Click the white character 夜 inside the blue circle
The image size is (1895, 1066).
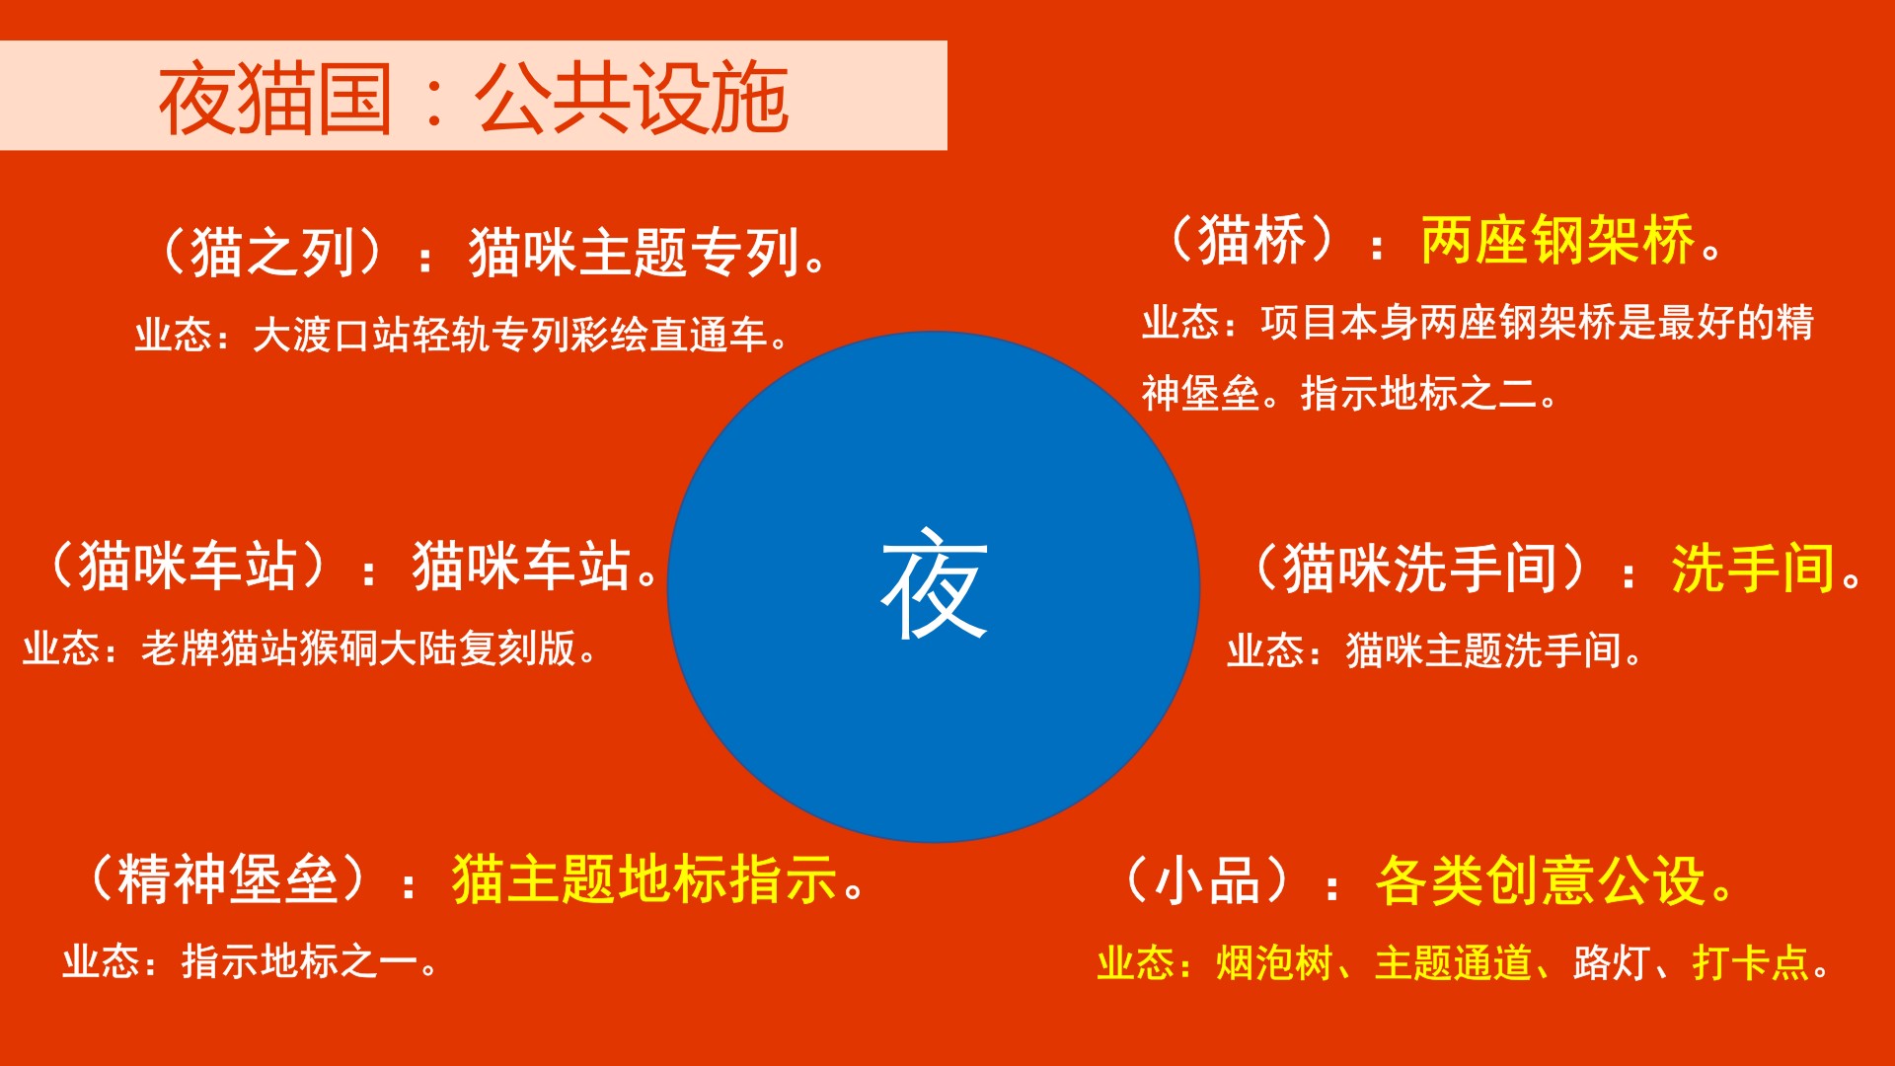(x=934, y=584)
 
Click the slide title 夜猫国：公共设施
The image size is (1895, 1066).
(x=474, y=98)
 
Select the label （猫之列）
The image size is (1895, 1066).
(x=272, y=252)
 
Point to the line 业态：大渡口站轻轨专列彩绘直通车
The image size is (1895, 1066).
(x=462, y=336)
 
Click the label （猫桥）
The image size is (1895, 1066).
(x=1251, y=240)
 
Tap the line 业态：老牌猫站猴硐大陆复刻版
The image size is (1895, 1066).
(x=310, y=648)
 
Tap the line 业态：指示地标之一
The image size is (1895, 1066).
(x=251, y=961)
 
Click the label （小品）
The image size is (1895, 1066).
(x=1207, y=879)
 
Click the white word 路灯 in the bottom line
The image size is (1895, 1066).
(x=1611, y=963)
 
